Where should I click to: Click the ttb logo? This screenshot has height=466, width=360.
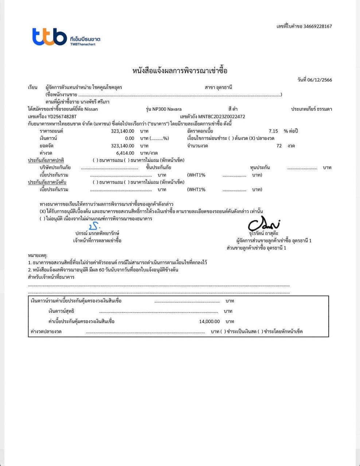[x=50, y=37]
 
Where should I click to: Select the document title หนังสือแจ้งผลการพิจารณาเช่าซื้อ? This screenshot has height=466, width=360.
[x=180, y=71]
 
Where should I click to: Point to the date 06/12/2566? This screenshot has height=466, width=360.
[x=320, y=80]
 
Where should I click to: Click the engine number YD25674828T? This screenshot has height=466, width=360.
[x=62, y=116]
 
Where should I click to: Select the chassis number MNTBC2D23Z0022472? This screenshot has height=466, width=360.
[x=222, y=117]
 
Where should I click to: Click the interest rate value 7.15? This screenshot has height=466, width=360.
[x=273, y=131]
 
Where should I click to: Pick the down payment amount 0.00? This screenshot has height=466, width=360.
[x=129, y=138]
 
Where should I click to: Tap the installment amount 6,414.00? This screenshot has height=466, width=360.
[x=125, y=153]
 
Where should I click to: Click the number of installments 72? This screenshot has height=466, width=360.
[x=279, y=146]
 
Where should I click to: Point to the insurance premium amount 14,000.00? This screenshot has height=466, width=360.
[x=210, y=321]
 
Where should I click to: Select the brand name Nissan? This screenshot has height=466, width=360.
[x=91, y=109]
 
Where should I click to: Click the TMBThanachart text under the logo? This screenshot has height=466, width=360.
[x=83, y=44]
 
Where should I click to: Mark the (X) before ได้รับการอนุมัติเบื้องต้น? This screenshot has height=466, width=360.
[x=43, y=212]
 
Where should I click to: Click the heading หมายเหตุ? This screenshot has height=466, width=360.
[x=38, y=255]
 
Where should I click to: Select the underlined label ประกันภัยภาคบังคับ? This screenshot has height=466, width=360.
[x=47, y=182]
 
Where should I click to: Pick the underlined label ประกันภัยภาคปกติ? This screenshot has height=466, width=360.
[x=46, y=160]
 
